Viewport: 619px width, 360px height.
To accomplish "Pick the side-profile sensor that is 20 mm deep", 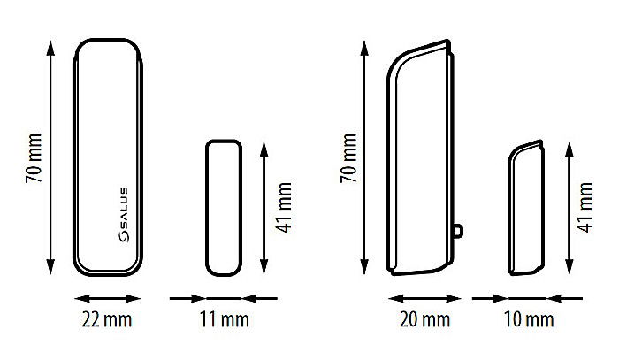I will pyautogui.click(x=420, y=159).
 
